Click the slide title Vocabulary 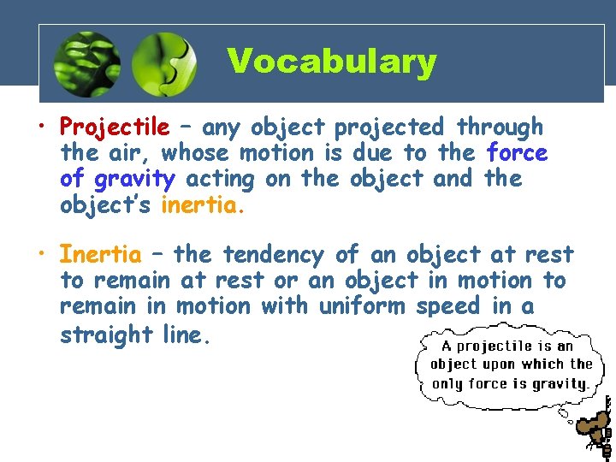point(331,62)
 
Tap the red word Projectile point(115,128)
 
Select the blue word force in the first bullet point(517,154)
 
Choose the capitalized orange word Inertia point(100,255)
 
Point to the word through point(500,128)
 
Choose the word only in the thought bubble point(446,383)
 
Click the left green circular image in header point(86,66)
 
